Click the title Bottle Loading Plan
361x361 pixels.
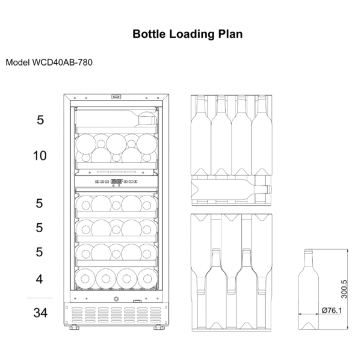pyautogui.click(x=187, y=34)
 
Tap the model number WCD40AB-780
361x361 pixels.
pyautogui.click(x=63, y=63)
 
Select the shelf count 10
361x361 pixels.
pyautogui.click(x=40, y=156)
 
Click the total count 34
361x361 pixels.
pyautogui.click(x=40, y=313)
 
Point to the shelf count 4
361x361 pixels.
pyautogui.click(x=39, y=279)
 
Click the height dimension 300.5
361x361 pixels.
pyautogui.click(x=344, y=289)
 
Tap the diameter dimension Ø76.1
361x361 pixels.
pyautogui.click(x=332, y=310)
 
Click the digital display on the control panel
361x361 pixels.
pyautogui.click(x=116, y=182)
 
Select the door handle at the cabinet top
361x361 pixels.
pyautogui.click(x=116, y=97)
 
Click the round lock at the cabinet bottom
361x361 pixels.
pyautogui.click(x=116, y=299)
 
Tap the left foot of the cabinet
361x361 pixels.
pyautogui.click(x=74, y=327)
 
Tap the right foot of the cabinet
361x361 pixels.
pyautogui.click(x=159, y=327)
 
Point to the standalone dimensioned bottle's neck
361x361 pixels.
pyautogui.click(x=309, y=259)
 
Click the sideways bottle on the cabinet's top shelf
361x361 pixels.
pyautogui.click(x=116, y=120)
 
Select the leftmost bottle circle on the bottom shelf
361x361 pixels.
pyautogui.click(x=85, y=279)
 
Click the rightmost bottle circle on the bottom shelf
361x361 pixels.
pyautogui.click(x=147, y=279)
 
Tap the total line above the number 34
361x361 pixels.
pyautogui.click(x=40, y=298)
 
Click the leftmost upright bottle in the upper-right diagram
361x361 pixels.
pyautogui.click(x=201, y=136)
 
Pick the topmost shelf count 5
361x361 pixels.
pyautogui.click(x=40, y=120)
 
